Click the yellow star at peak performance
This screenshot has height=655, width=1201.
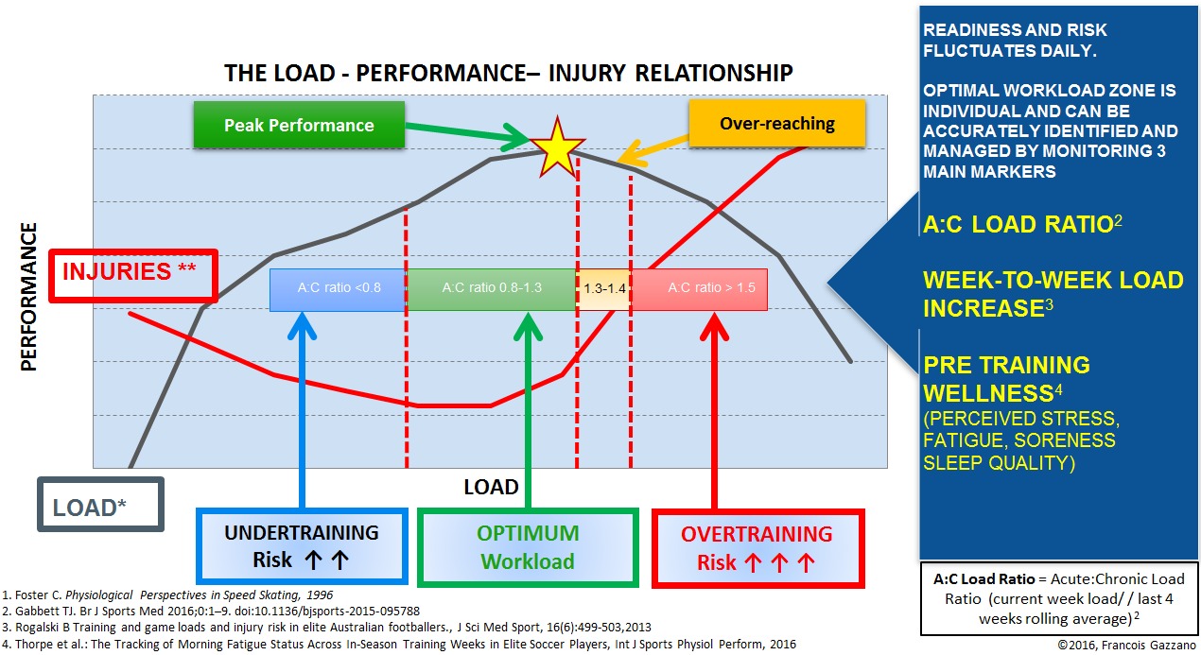556,147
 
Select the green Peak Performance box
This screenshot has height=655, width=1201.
299,125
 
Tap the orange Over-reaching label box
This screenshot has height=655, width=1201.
776,123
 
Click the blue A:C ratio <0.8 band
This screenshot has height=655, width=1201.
338,288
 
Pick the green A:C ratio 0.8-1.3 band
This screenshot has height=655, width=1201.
491,288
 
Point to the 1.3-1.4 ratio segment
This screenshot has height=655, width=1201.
604,288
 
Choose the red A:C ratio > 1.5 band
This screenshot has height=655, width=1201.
699,288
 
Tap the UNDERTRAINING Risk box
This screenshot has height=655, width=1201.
302,546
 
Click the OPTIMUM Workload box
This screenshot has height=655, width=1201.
528,547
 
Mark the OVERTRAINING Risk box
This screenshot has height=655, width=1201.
757,547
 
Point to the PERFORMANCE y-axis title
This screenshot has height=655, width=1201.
29,297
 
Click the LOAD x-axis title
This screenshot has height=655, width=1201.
491,488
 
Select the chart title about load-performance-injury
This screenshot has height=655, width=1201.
508,74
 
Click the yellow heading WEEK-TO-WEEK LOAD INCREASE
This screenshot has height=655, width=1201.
1052,294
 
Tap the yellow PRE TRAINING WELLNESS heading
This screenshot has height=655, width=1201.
1006,378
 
